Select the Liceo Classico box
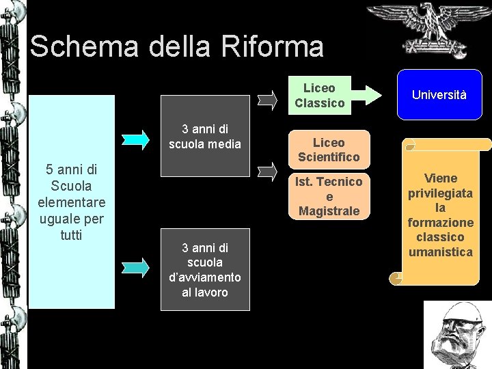pos(319,96)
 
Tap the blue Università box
pos(439,95)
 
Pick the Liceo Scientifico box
pos(329,150)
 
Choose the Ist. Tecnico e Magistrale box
pos(329,196)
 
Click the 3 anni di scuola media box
pos(205,136)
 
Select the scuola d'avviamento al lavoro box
pos(205,270)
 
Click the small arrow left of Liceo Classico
pos(269,100)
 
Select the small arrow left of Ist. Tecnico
pos(269,171)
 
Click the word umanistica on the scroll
pos(440,252)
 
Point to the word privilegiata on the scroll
pos(440,193)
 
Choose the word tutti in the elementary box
pos(71,235)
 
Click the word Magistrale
pos(329,211)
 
